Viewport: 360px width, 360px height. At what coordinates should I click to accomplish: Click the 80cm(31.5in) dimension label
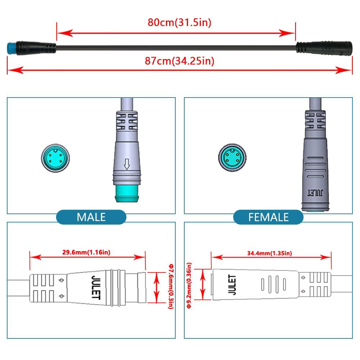click(x=179, y=22)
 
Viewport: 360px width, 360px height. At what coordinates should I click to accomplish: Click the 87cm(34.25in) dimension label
click(x=179, y=61)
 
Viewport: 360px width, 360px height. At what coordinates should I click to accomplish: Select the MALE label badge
click(x=91, y=217)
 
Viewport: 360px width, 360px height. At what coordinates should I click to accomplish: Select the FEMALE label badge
click(x=268, y=217)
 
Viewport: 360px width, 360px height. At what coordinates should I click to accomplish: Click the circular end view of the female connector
click(x=231, y=157)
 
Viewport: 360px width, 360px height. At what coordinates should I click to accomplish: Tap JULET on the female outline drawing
click(x=232, y=285)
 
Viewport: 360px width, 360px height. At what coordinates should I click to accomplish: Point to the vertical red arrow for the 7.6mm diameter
click(x=156, y=288)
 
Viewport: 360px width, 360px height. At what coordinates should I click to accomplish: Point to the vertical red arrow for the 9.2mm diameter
click(x=204, y=284)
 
